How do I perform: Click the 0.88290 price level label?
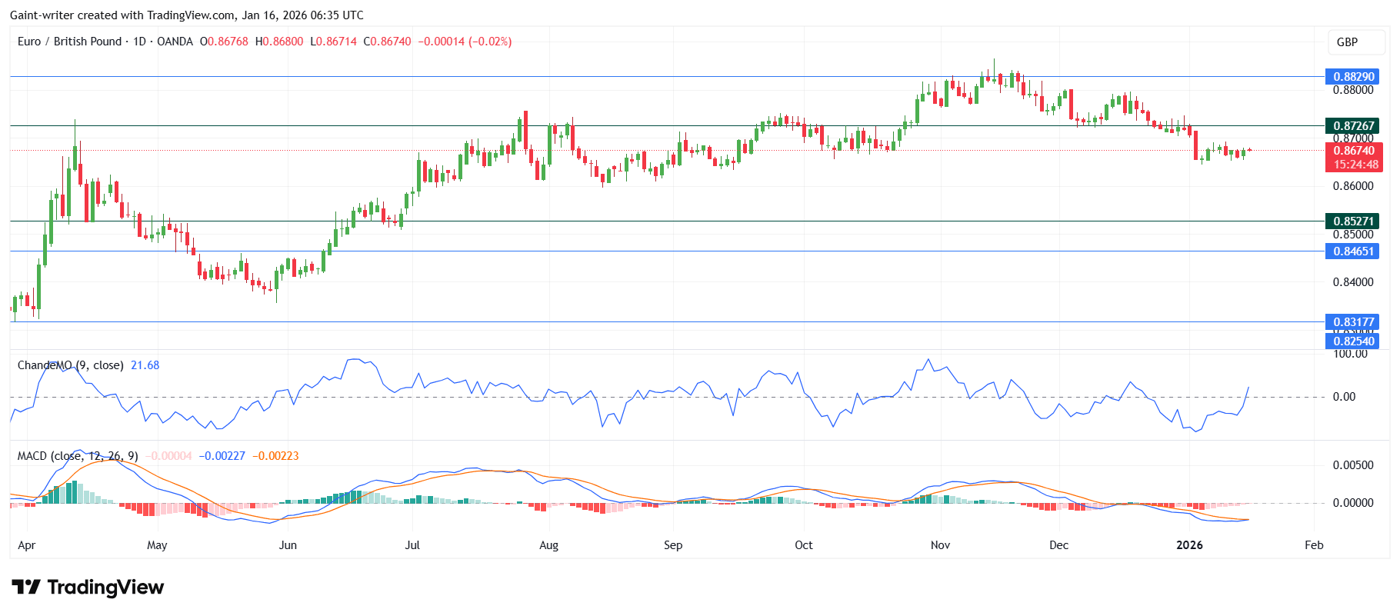pos(1353,77)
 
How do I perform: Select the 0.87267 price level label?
pos(1353,126)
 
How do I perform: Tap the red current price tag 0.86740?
pos(1353,151)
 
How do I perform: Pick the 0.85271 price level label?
pos(1353,221)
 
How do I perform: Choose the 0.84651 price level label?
pos(1353,251)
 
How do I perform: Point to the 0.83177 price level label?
pos(1353,322)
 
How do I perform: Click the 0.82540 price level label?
pos(1353,341)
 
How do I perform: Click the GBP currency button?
pos(1347,42)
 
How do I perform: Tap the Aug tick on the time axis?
pos(548,545)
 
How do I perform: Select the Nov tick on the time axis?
pos(940,545)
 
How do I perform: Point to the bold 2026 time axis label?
pos(1189,545)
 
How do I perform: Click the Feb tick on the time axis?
pos(1314,545)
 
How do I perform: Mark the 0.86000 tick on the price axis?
pos(1353,186)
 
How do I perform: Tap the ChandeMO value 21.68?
pos(145,365)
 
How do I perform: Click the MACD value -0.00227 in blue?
pos(222,456)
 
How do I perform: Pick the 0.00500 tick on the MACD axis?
pos(1353,465)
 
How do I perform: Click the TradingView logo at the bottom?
pos(88,588)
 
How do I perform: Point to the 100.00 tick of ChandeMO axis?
pos(1350,354)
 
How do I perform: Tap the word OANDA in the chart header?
pos(175,42)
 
